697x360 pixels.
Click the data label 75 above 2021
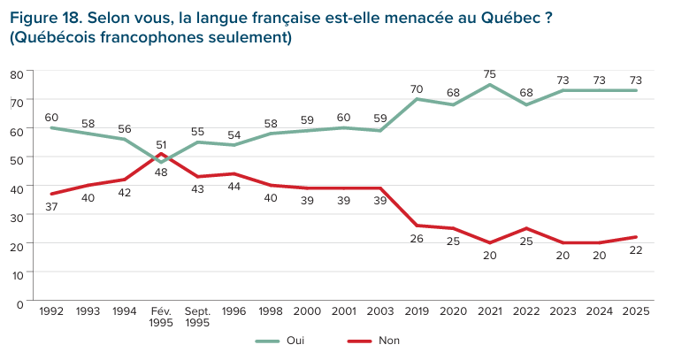(x=489, y=73)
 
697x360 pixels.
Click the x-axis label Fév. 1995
(x=161, y=316)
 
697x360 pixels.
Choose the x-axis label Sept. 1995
(x=197, y=316)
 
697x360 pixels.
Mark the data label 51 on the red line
(x=161, y=143)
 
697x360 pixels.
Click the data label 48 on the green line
(x=161, y=172)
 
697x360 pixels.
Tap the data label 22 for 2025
(x=635, y=249)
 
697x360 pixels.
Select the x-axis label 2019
(x=416, y=310)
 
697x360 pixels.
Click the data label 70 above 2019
(x=416, y=88)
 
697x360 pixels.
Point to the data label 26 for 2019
(x=416, y=238)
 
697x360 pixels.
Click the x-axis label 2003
(x=379, y=310)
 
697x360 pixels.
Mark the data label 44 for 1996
(x=234, y=187)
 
